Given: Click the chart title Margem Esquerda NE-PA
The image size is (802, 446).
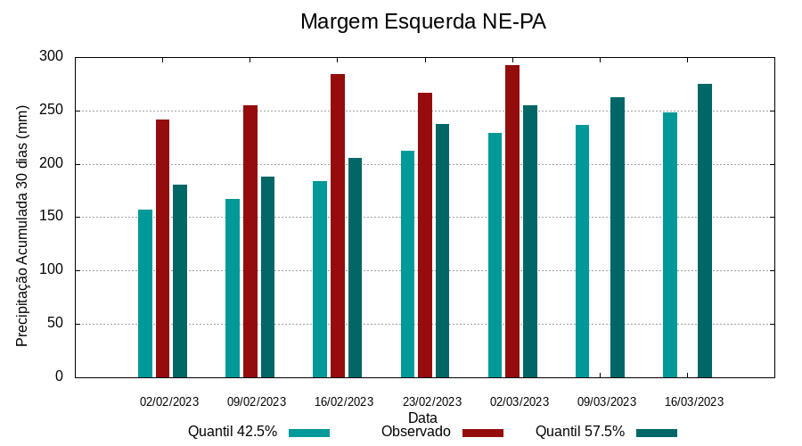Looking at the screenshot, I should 422,21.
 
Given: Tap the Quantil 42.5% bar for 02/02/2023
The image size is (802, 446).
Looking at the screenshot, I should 145,293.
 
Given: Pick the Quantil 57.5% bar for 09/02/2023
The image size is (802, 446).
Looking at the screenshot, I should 267,277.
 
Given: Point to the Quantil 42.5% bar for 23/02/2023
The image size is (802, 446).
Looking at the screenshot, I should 407,264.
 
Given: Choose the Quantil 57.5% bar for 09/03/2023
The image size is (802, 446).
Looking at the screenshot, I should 618,237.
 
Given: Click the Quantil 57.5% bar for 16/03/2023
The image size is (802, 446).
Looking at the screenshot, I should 705,231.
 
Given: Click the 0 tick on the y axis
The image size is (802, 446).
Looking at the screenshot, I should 59,376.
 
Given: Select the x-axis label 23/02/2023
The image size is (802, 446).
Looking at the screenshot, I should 432,401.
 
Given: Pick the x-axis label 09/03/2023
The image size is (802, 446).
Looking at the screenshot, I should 607,401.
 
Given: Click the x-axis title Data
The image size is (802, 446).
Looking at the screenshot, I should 422,417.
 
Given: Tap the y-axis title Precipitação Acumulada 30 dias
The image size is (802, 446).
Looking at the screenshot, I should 23,225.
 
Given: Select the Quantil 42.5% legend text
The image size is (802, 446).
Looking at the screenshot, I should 233,432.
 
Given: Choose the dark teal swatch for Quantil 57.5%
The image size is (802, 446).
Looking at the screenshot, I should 657,433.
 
